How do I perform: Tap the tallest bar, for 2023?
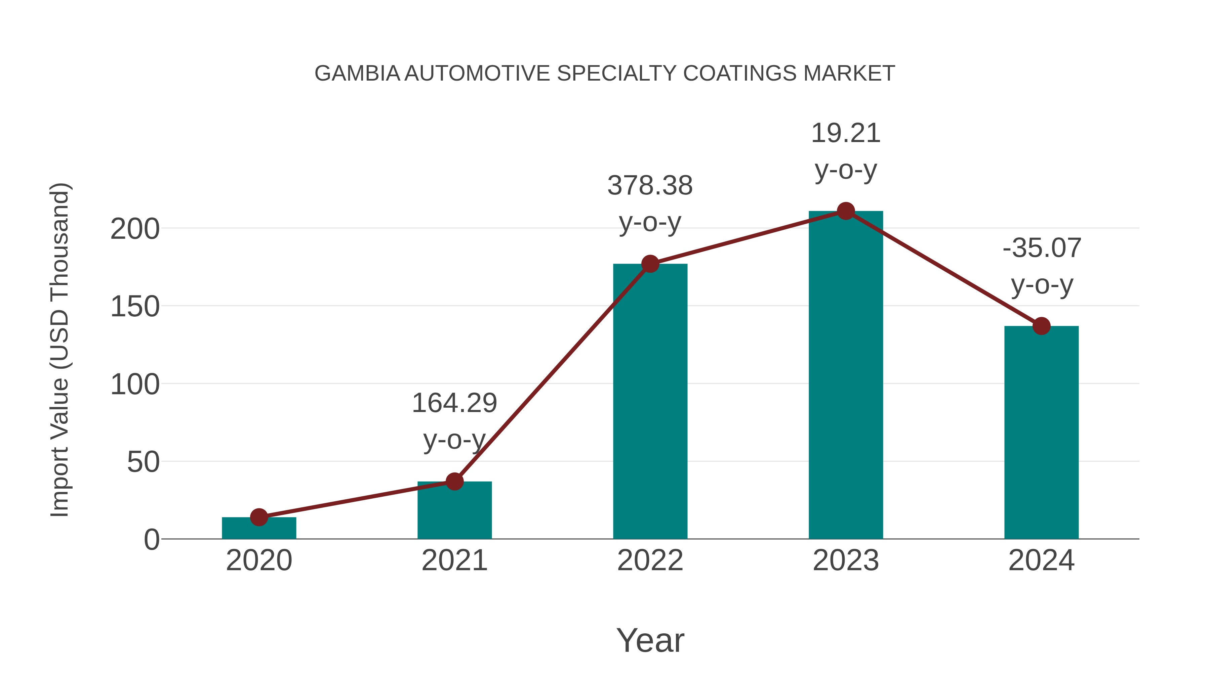[846, 375]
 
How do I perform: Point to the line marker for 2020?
[259, 517]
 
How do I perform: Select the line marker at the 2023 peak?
[846, 211]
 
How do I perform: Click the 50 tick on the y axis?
[143, 462]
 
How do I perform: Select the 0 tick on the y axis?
[152, 540]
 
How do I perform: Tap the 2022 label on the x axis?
[650, 560]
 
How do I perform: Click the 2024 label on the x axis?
[1041, 560]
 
